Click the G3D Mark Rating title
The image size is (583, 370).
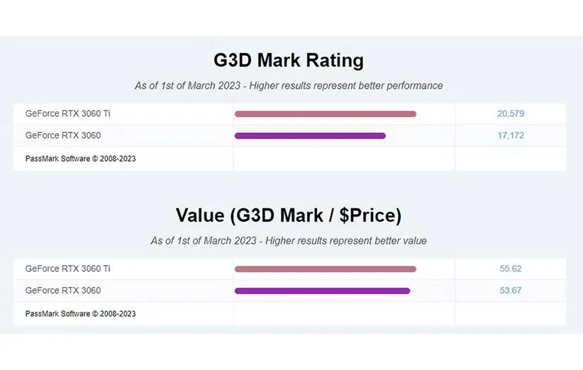pyautogui.click(x=288, y=60)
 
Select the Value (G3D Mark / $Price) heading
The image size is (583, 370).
pyautogui.click(x=288, y=215)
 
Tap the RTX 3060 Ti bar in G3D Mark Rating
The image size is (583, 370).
pyautogui.click(x=325, y=114)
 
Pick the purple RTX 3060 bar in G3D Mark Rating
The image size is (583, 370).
pyautogui.click(x=310, y=135)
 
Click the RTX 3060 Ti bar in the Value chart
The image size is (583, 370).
pyautogui.click(x=325, y=269)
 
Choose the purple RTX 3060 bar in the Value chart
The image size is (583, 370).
pyautogui.click(x=322, y=291)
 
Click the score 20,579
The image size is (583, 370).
pyautogui.click(x=511, y=113)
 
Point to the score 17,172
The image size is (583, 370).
pyautogui.click(x=511, y=135)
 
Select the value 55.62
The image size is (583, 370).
pyautogui.click(x=511, y=269)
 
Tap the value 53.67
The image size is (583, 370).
pyautogui.click(x=511, y=291)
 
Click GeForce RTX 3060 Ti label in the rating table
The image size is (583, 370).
pyautogui.click(x=67, y=113)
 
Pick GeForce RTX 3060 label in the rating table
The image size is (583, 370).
pyautogui.click(x=62, y=135)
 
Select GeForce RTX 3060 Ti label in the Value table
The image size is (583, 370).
pyautogui.click(x=67, y=269)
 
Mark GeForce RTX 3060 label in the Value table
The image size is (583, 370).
pyautogui.click(x=62, y=291)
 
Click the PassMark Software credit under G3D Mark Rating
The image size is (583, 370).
pyautogui.click(x=80, y=159)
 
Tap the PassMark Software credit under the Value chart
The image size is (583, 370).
pyautogui.click(x=80, y=313)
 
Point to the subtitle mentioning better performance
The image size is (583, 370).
pyautogui.click(x=289, y=86)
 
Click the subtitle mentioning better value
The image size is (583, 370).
pyautogui.click(x=289, y=240)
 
